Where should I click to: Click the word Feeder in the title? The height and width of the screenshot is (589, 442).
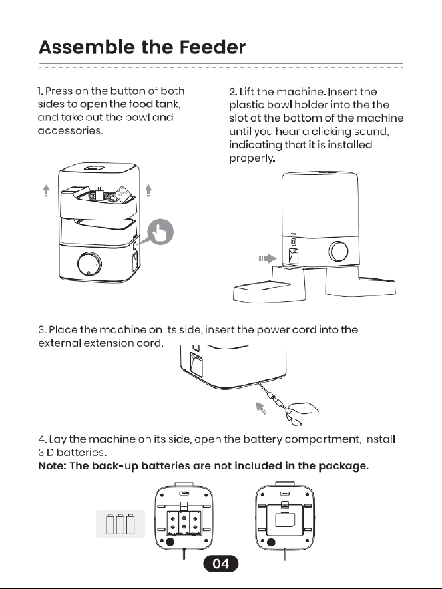coord(212,47)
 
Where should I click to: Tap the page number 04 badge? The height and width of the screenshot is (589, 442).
coord(220,564)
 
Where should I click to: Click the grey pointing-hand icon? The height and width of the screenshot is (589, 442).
coord(160,232)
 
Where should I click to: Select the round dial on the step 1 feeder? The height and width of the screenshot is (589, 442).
coord(89,264)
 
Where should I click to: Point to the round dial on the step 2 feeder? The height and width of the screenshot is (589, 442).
coord(338,251)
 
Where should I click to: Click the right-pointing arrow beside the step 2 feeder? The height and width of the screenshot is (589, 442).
coord(267,258)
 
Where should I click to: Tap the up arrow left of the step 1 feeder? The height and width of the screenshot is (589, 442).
coord(46,190)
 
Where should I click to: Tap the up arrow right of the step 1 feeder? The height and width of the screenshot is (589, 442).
coord(148,190)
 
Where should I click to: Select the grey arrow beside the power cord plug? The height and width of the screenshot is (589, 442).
coord(260,407)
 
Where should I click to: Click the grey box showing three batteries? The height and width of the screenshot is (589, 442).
coord(120,524)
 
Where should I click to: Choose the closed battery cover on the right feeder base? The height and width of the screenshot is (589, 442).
coord(284,520)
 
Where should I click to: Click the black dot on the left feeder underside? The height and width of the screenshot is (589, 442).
coord(170,542)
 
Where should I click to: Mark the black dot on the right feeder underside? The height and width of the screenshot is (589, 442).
coord(271,542)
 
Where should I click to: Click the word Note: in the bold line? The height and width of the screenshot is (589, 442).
coord(53,466)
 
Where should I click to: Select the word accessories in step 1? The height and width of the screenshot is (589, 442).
coord(71,130)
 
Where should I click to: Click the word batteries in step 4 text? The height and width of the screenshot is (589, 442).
coord(81,453)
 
